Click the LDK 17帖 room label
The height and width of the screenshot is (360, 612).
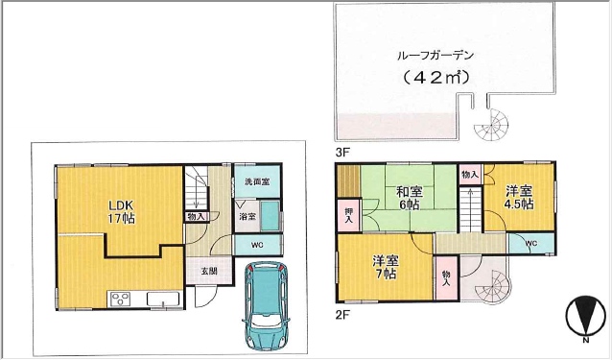point(122,211)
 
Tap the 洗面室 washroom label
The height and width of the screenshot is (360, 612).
point(258,181)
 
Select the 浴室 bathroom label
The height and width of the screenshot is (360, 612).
point(248,216)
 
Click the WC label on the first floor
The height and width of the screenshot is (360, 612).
point(257,245)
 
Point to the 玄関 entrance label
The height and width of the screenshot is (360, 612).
point(209,271)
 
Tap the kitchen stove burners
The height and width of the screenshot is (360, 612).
point(120,300)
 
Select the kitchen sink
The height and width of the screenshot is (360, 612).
point(162,300)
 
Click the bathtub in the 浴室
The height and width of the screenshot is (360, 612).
point(270,216)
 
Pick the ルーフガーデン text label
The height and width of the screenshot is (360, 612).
point(435,56)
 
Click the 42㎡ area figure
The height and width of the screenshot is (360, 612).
point(435,78)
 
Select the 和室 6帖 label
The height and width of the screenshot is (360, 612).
point(409,198)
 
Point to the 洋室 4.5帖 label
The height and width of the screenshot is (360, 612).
point(519,197)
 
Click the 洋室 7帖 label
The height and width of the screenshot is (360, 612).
point(385,267)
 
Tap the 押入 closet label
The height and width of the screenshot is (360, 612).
point(348,215)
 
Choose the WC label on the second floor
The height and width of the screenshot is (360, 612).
point(531,244)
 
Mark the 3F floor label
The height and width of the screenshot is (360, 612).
point(341,153)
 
